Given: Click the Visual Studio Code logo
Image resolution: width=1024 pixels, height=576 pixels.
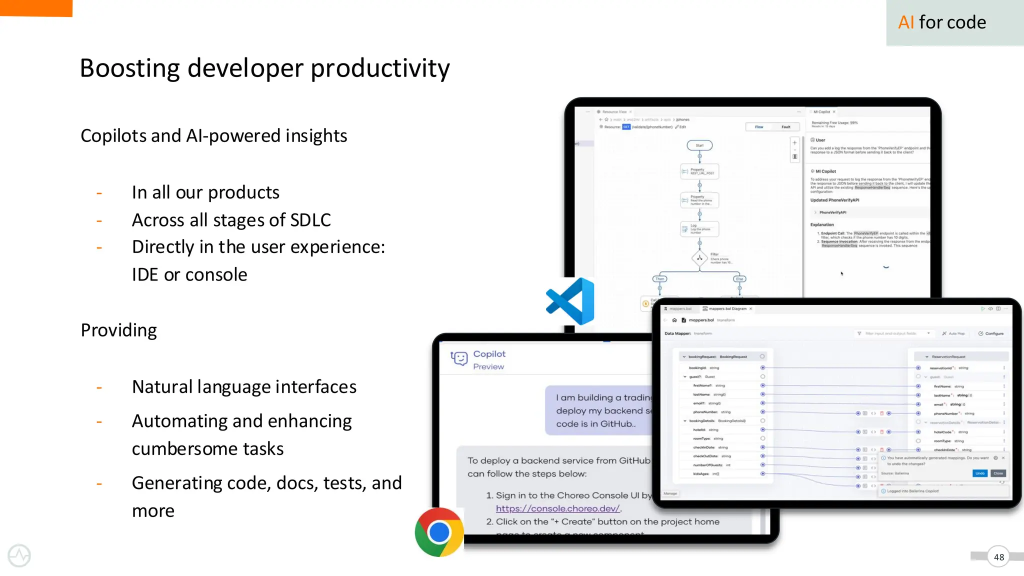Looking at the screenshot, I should (x=571, y=301).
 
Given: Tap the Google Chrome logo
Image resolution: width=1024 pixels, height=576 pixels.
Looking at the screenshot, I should (x=439, y=532).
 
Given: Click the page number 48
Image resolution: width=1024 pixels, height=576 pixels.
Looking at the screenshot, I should (x=998, y=557).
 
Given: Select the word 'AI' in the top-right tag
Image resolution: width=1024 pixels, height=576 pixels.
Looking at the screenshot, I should (x=906, y=22).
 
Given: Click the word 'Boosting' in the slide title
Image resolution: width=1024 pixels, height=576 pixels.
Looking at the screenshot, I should (x=129, y=68).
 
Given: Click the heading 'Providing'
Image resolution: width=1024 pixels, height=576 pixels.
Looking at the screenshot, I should (x=119, y=330).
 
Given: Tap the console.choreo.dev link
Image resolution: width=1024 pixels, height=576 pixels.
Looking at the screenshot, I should (x=558, y=508).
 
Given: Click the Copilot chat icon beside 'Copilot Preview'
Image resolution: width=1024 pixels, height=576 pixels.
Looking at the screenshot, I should (x=459, y=358).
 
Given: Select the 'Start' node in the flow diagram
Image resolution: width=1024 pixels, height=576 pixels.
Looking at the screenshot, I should (x=699, y=145).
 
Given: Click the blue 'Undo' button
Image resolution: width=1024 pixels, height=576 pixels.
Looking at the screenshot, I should (x=979, y=473).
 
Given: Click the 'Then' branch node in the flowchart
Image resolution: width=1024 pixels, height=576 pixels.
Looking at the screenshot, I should (x=660, y=279).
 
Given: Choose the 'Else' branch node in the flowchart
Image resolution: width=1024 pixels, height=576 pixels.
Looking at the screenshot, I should (x=739, y=279).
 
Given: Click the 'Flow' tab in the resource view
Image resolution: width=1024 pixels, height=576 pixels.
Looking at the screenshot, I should (x=759, y=127).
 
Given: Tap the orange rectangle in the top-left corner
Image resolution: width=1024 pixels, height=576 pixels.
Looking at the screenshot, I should (x=36, y=8).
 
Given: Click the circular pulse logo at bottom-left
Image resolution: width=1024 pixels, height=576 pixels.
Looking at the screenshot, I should (x=19, y=555).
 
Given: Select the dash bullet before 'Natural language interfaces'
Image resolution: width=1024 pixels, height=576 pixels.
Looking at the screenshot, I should (x=99, y=387).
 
